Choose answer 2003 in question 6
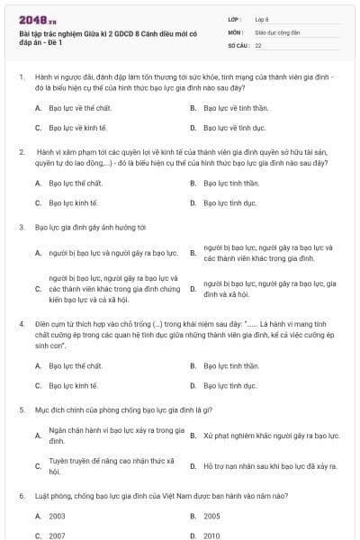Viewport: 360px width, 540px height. [57, 516]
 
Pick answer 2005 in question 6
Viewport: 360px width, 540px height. [211, 516]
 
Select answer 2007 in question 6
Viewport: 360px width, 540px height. [57, 535]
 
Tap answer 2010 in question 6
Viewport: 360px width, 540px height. [211, 535]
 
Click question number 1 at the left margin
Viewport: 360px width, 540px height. [20, 78]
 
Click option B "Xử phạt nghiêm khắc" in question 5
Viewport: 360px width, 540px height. [271, 436]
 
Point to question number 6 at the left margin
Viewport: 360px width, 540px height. [20, 495]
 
